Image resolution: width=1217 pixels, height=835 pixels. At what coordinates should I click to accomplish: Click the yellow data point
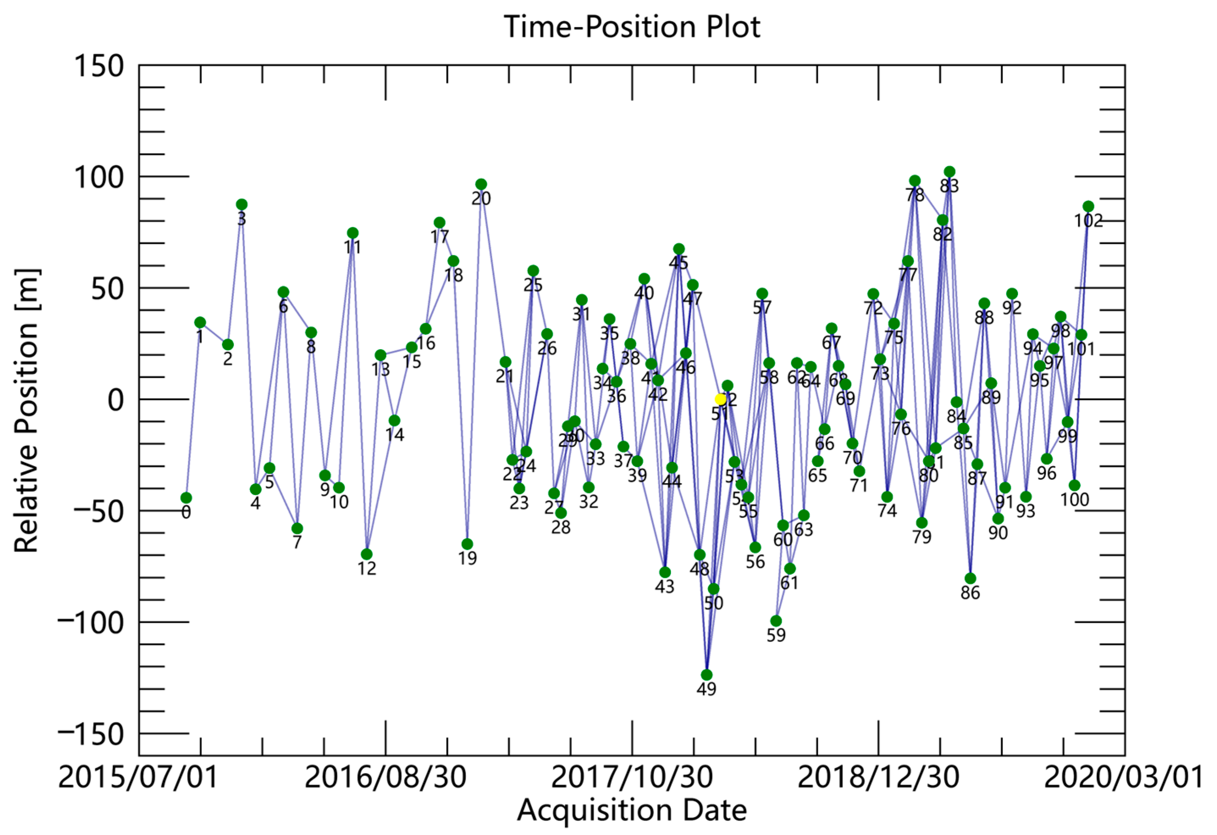[720, 399]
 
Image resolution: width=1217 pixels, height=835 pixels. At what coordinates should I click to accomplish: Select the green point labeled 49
[706, 675]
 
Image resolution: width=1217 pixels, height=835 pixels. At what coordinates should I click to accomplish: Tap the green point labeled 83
[949, 172]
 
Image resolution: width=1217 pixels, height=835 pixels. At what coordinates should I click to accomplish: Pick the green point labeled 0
[186, 498]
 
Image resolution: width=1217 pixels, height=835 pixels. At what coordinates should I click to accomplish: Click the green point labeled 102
[1088, 206]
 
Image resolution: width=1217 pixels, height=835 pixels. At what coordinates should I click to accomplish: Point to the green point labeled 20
[481, 184]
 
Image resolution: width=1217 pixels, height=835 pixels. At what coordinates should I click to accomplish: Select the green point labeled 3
[241, 204]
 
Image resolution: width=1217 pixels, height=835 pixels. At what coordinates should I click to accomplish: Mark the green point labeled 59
[776, 621]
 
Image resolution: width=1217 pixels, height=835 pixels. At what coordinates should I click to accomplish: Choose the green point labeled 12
[367, 554]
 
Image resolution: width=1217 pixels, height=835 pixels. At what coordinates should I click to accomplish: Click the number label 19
[468, 559]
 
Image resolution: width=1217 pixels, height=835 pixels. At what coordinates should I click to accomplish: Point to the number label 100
[1075, 500]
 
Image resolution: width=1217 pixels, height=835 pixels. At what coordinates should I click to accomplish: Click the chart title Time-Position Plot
[632, 26]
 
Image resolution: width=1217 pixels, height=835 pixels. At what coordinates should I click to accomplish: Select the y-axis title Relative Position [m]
[26, 411]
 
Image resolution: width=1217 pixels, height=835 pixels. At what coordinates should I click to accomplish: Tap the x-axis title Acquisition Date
[632, 810]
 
